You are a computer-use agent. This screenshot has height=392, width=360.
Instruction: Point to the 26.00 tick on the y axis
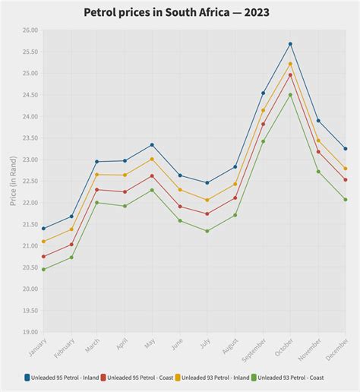coord(30,30)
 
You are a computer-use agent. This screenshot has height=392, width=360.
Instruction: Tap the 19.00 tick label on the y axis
coord(30,332)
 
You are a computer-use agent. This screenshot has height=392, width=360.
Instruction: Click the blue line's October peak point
coord(290,44)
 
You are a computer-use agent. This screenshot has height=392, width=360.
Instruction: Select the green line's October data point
coord(290,95)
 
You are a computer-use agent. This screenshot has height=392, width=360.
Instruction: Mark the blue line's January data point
coord(43,228)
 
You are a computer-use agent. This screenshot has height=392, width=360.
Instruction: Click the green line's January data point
coord(43,269)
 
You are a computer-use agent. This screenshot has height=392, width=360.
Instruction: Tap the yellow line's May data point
coord(152,159)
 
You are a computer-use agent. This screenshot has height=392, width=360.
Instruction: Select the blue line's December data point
coord(346,148)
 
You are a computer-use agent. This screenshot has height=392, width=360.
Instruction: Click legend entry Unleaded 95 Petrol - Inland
coord(64,377)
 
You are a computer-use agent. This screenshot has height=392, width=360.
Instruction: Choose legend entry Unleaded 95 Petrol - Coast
coord(141,377)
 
